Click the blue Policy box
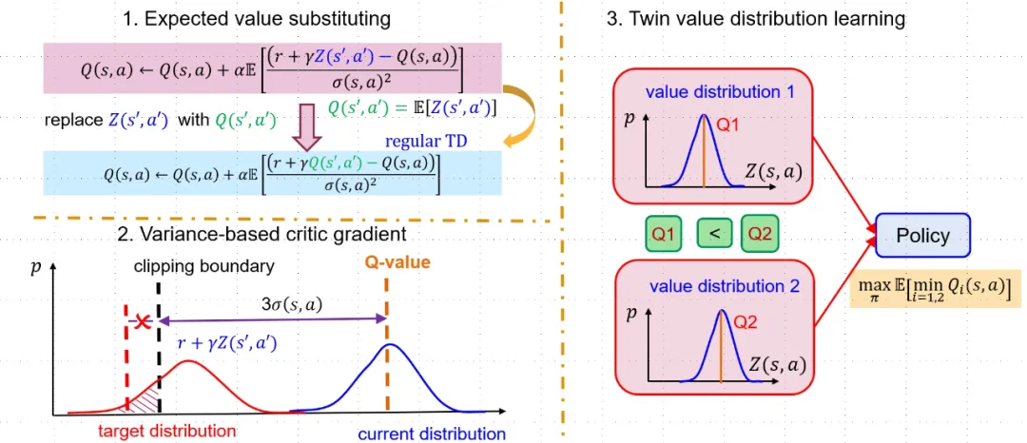pyautogui.click(x=922, y=236)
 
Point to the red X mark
pyautogui.click(x=144, y=323)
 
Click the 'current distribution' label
pyautogui.click(x=432, y=434)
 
